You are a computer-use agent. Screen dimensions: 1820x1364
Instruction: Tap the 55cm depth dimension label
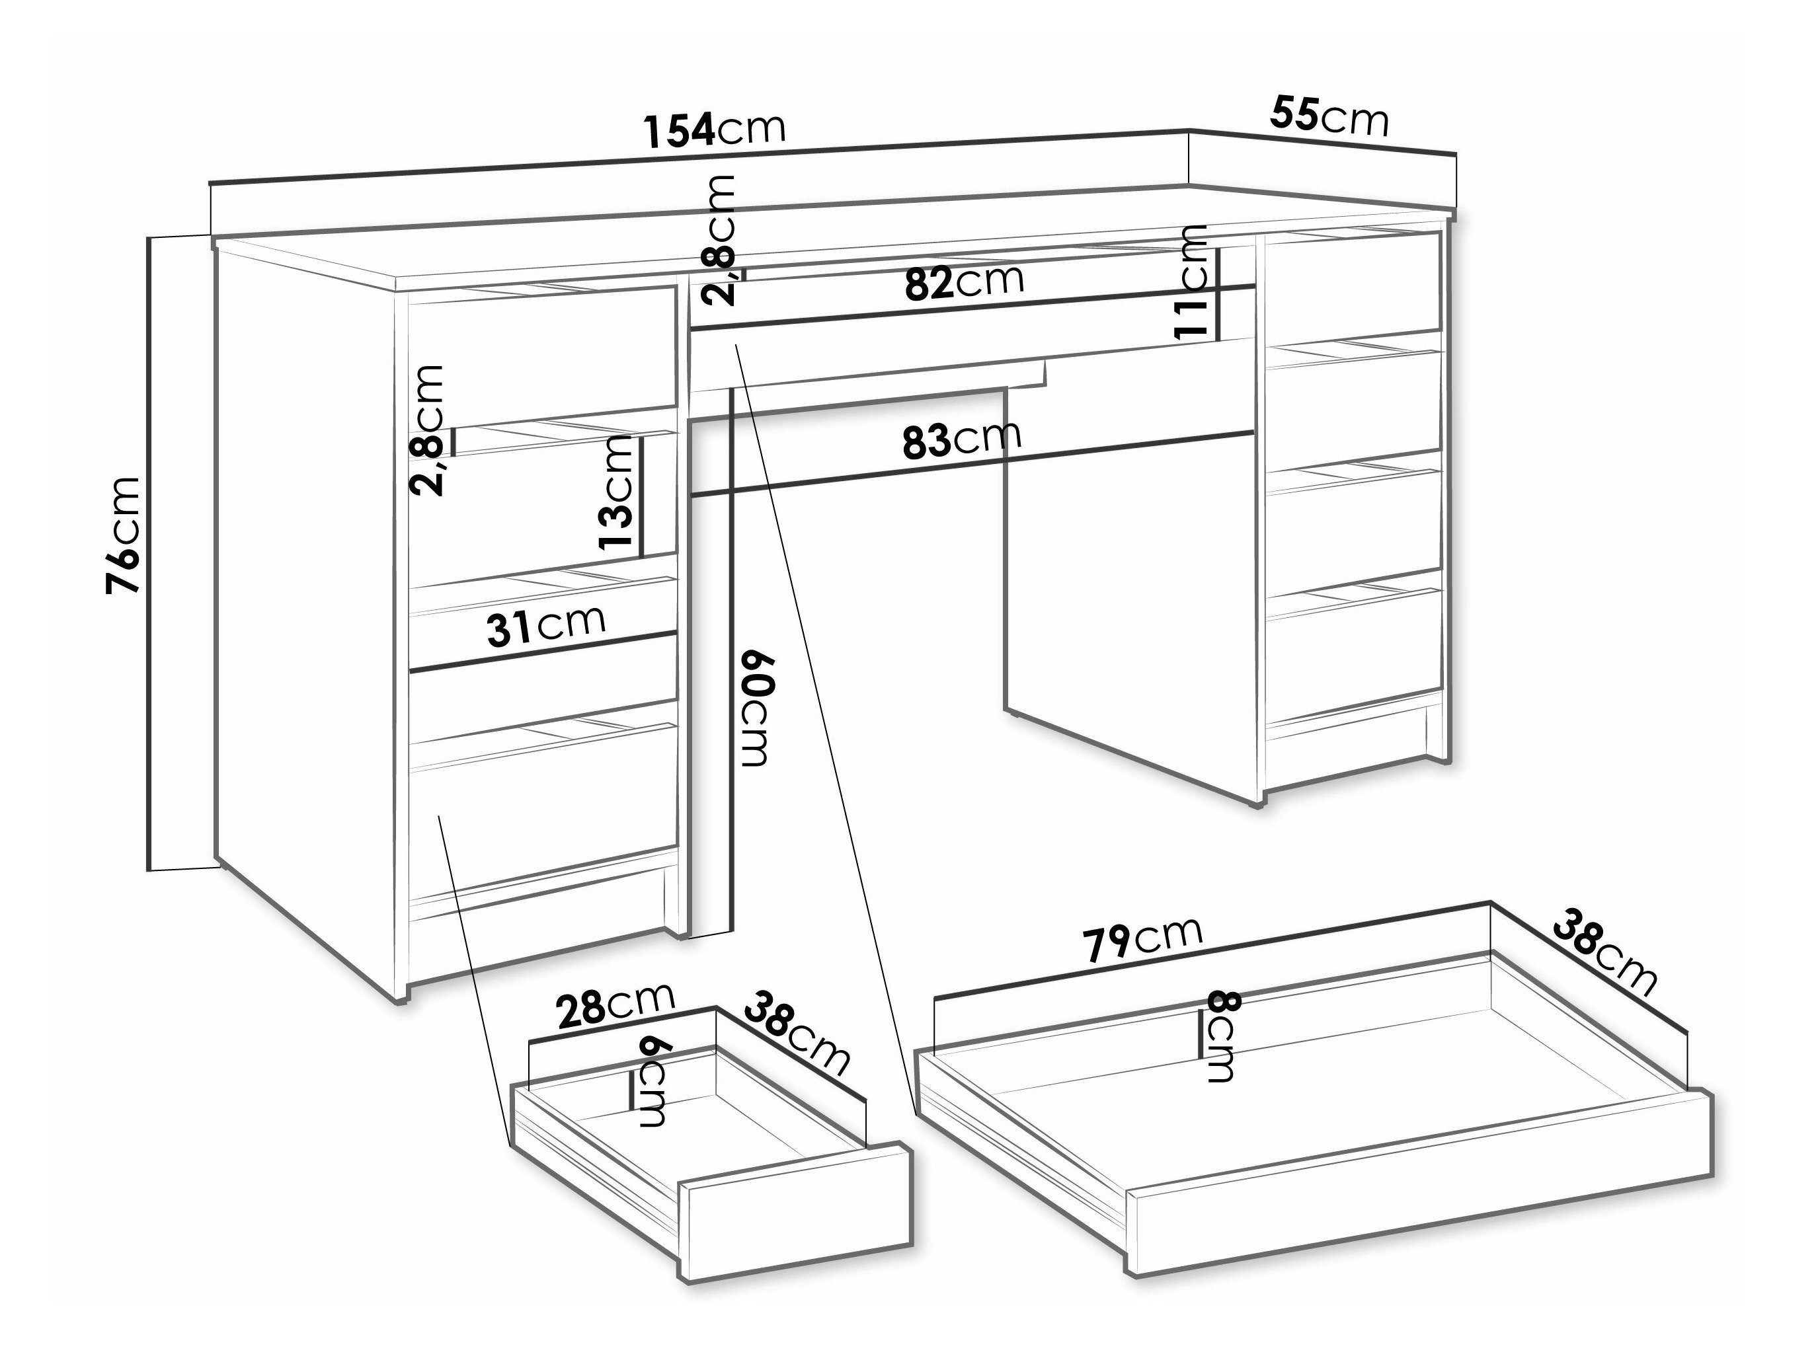click(1329, 116)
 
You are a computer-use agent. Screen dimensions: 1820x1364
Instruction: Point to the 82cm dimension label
click(965, 282)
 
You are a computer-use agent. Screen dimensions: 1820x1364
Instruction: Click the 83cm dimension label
click(962, 439)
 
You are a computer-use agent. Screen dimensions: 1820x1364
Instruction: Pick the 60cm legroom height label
click(757, 708)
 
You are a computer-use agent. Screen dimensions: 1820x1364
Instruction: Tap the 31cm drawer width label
click(546, 627)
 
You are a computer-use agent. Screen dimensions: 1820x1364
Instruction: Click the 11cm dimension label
click(1191, 282)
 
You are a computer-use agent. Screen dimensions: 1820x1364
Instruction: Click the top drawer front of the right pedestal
click(1353, 284)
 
